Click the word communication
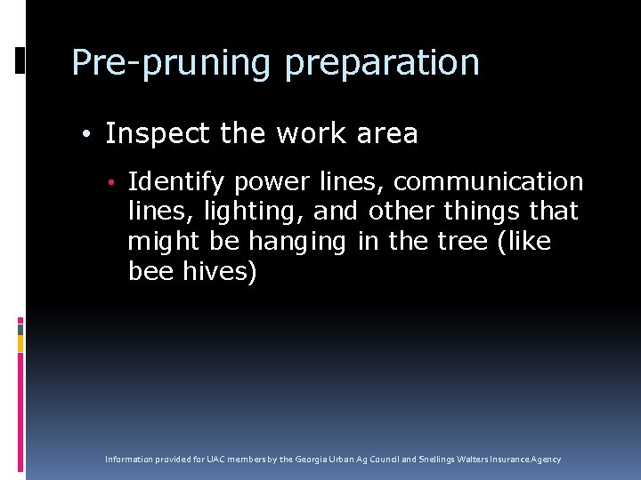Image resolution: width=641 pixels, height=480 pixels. pos(488,182)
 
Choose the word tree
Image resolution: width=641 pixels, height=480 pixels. pos(450,242)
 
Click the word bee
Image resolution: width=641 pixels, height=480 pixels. pos(150,272)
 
